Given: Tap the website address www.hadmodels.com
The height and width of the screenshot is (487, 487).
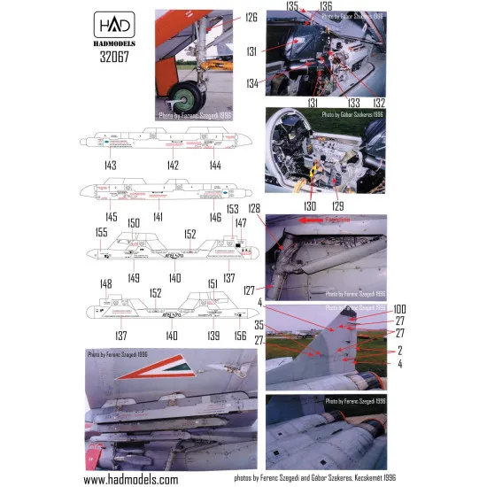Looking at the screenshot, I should pos(132,478).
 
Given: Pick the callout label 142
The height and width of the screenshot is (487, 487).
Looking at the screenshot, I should pos(173,166).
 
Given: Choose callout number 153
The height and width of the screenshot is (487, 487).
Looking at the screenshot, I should pos(233,209).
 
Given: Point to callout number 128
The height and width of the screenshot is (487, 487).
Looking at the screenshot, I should pos(254,208).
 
